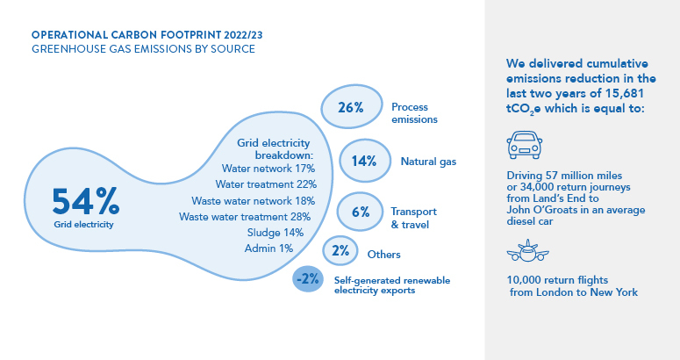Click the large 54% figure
tap(85, 201)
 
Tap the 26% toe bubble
tap(351, 107)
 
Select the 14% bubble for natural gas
tap(365, 161)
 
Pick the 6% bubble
tap(360, 212)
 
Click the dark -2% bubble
tap(308, 279)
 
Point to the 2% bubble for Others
tap(340, 251)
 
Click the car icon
tap(525, 145)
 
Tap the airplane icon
tap(528, 251)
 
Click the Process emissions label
tap(414, 113)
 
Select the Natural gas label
tap(428, 162)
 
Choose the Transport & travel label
tap(413, 218)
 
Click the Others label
tap(383, 254)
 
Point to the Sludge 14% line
tap(276, 233)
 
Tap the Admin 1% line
tap(268, 248)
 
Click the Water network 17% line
tap(268, 169)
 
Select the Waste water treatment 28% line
tap(245, 216)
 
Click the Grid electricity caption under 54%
tap(83, 224)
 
